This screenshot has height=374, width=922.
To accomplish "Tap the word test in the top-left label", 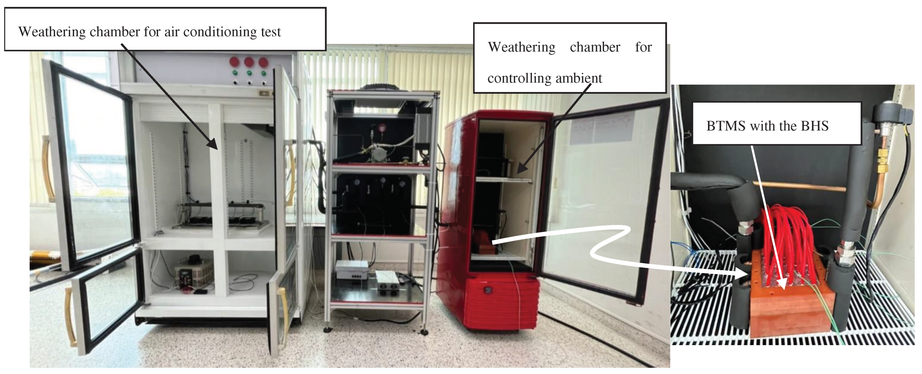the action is [270, 32].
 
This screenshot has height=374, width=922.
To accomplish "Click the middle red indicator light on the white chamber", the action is [249, 62].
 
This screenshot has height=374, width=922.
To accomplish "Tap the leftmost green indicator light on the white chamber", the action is [235, 73].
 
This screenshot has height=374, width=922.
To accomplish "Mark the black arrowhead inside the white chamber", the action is [213, 144].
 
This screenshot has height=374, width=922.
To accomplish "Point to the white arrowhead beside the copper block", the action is [743, 274].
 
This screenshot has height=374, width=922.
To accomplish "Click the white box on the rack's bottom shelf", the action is [351, 269].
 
